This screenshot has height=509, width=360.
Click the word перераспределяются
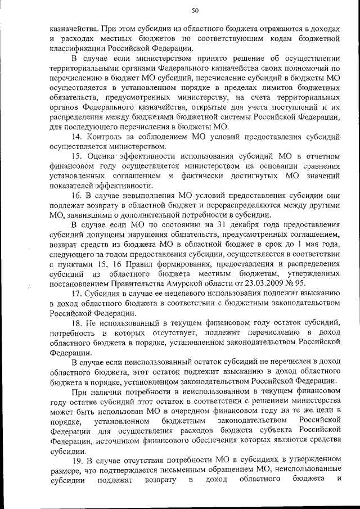(x=213, y=205)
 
